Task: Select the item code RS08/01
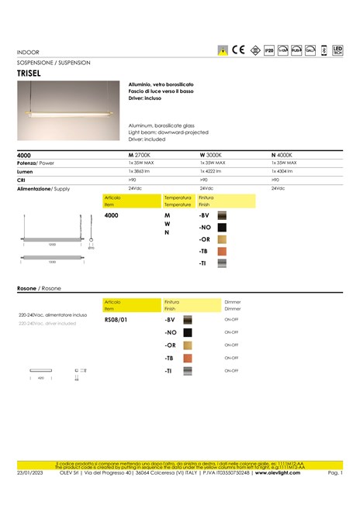(x=115, y=319)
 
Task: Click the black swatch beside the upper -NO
(x=221, y=228)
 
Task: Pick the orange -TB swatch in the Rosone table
(x=187, y=359)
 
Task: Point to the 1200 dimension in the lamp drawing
(x=53, y=244)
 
